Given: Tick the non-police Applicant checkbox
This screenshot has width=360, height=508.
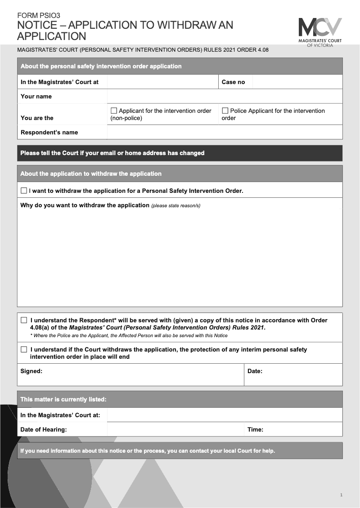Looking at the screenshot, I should pyautogui.click(x=113, y=111).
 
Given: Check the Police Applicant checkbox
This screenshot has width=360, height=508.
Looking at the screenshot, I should pyautogui.click(x=225, y=111).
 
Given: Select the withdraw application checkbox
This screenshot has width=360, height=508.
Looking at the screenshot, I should pyautogui.click(x=24, y=191).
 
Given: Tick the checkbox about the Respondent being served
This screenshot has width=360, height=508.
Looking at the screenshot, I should pyautogui.click(x=24, y=321).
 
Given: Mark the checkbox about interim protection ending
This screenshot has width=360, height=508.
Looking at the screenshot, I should pyautogui.click(x=24, y=349).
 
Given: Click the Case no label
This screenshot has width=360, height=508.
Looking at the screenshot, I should pyautogui.click(x=233, y=82).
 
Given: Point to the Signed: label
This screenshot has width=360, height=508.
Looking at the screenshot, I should pyautogui.click(x=31, y=371).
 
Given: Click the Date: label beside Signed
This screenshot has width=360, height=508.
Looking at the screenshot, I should pyautogui.click(x=255, y=371).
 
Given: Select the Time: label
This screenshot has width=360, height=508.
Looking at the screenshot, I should pyautogui.click(x=255, y=429).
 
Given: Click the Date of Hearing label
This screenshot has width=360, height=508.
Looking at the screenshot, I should pyautogui.click(x=43, y=429).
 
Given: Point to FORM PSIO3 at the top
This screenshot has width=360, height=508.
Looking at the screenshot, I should pyautogui.click(x=38, y=15).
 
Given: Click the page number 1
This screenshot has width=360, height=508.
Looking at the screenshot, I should pyautogui.click(x=341, y=495).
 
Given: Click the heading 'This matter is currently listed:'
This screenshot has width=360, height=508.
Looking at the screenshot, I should pyautogui.click(x=63, y=399).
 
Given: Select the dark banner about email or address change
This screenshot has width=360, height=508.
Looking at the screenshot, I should pyautogui.click(x=180, y=153).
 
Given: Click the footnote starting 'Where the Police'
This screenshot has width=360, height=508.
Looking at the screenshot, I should pyautogui.click(x=129, y=335).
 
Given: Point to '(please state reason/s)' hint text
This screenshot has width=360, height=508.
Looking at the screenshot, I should pyautogui.click(x=175, y=206).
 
